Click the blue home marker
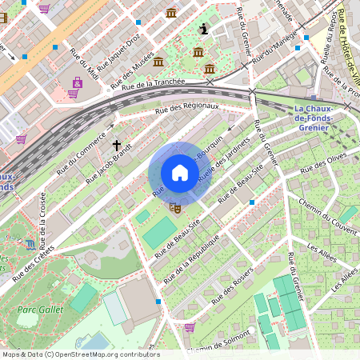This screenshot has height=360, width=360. [180, 173]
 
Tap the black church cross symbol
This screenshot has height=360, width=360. [117, 146]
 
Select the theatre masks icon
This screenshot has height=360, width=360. [174, 207]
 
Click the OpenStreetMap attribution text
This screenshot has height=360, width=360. [80, 354]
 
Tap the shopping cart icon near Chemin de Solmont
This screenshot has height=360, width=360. [190, 326]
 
